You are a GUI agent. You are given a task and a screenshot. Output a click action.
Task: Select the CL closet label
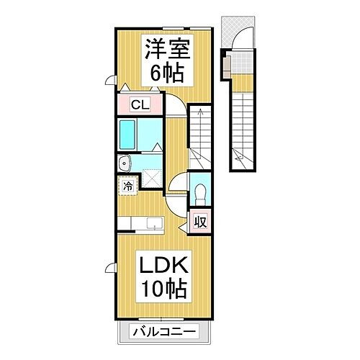click(x=140, y=104)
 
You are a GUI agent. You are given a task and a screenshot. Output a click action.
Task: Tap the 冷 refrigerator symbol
click(x=127, y=185)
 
